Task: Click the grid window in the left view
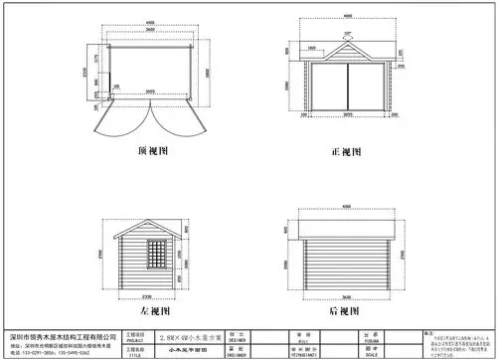tap(156, 254)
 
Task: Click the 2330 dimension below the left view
tap(151, 295)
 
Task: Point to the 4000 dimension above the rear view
tap(347, 207)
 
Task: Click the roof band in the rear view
tap(346, 228)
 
